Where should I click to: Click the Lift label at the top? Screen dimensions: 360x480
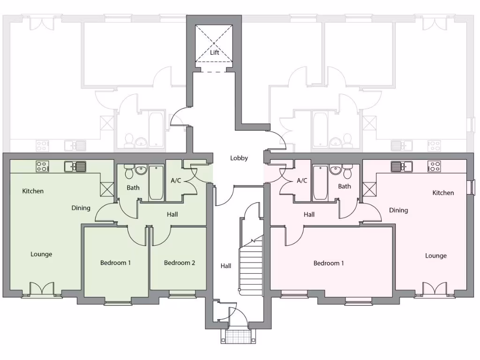[x=214, y=52]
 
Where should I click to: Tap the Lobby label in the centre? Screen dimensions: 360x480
[x=239, y=158]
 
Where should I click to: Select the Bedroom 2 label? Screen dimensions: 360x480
[x=180, y=262]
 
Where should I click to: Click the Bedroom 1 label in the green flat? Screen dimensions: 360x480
[x=115, y=262]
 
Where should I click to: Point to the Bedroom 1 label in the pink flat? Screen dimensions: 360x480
[x=329, y=263]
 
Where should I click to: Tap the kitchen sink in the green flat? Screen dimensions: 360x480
[x=75, y=166]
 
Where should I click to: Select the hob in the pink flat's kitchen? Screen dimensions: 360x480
[x=434, y=166]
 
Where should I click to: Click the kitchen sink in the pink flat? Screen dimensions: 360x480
[x=401, y=166]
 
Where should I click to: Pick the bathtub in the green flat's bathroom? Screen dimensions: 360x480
[x=156, y=182]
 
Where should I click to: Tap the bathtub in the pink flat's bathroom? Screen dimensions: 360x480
[x=321, y=182]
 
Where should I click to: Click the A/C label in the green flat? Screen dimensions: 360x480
[x=176, y=180]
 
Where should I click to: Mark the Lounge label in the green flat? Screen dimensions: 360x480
[x=41, y=254]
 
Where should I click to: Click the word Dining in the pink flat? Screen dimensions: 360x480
[x=398, y=210]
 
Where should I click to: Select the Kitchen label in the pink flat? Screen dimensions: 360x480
[x=443, y=193]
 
